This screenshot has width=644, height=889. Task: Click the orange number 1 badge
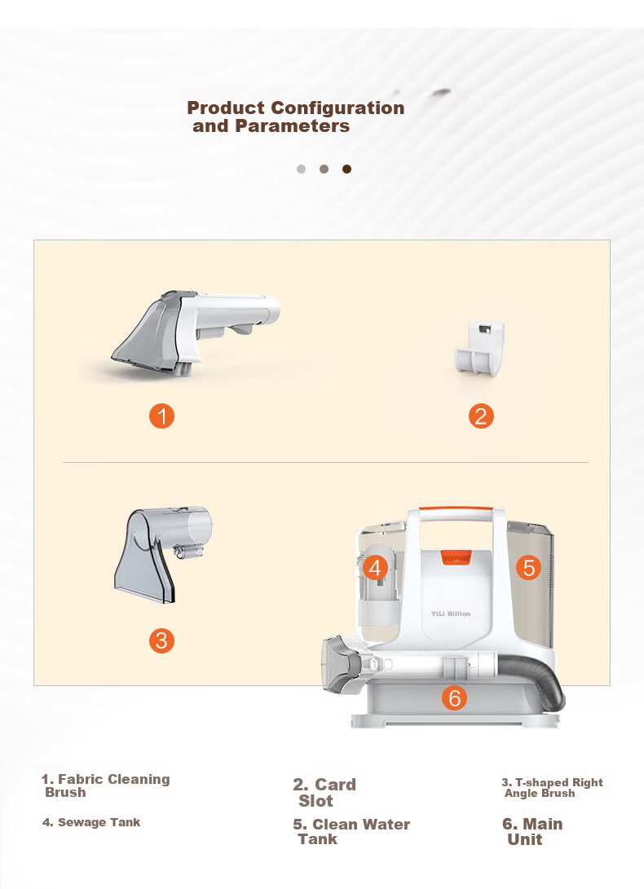coord(161,416)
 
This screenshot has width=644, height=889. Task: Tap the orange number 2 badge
coord(481,416)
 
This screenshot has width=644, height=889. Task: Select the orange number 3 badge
coord(161,640)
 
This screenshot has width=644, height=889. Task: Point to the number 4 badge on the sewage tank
coord(375,567)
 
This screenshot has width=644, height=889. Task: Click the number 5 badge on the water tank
coord(529,567)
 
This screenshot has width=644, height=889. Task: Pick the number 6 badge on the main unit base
coord(455,698)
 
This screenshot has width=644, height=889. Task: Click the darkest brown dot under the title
coord(346,169)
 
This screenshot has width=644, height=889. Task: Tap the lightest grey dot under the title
coord(302,169)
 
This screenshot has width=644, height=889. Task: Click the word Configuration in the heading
coord(337,108)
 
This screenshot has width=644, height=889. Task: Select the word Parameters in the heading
coord(292,125)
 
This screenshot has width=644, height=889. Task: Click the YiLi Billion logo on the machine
coord(451,614)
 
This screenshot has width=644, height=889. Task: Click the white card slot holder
coord(479,348)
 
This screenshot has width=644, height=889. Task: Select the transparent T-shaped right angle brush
coord(163,554)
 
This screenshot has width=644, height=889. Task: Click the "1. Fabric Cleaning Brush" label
coord(105,786)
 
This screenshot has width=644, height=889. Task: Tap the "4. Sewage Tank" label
coord(91,822)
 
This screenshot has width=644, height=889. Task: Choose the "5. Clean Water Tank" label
coord(351,832)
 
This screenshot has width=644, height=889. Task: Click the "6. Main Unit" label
coord(532,832)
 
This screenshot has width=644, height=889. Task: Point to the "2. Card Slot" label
coord(324,793)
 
